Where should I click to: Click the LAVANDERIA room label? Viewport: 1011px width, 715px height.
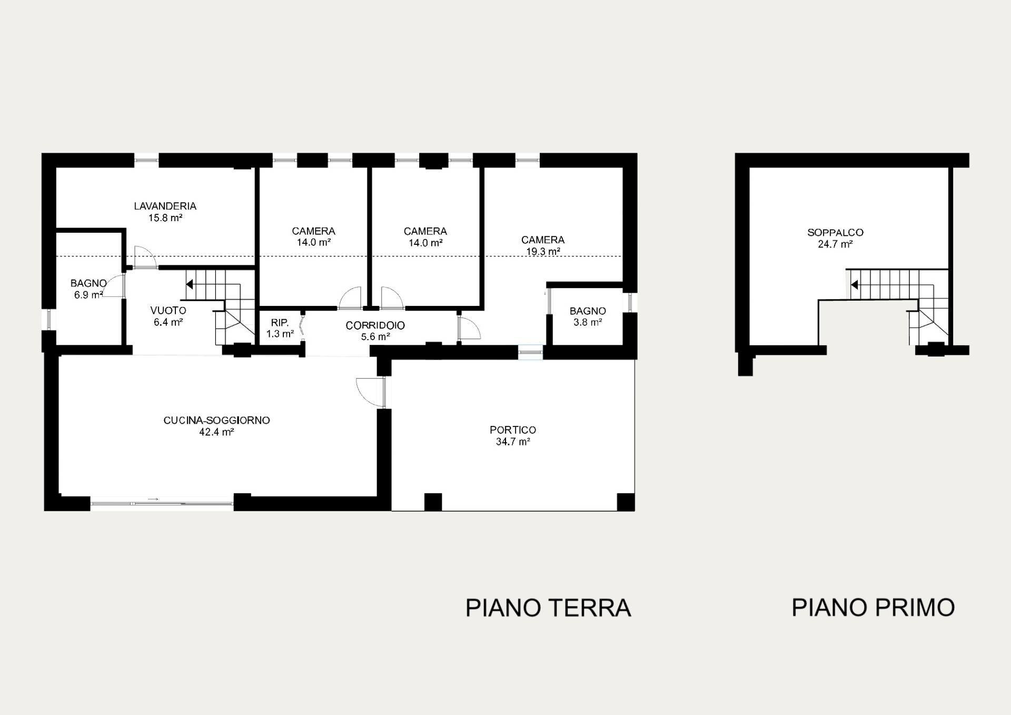[165, 206]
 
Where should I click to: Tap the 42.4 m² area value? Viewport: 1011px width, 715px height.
[216, 432]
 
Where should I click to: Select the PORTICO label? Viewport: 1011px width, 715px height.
[512, 430]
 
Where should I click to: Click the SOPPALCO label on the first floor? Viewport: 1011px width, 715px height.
[835, 232]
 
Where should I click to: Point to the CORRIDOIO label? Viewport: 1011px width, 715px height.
[375, 326]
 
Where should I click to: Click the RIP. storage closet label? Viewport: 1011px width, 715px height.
[280, 323]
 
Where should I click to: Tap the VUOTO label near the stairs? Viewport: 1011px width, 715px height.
[168, 311]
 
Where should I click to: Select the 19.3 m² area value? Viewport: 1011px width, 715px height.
[543, 252]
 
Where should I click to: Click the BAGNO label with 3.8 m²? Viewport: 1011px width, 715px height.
[588, 311]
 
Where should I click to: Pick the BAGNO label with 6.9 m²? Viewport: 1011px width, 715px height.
[88, 283]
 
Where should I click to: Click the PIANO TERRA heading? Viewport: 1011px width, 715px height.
[548, 608]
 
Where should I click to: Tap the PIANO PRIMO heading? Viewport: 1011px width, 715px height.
[873, 608]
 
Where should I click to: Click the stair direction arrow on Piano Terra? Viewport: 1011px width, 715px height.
[190, 284]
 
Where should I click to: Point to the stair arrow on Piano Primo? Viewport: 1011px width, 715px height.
[854, 285]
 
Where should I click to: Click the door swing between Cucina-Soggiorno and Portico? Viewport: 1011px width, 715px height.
[369, 391]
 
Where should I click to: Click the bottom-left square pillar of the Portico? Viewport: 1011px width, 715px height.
[433, 502]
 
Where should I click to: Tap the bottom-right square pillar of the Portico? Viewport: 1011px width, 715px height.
[626, 502]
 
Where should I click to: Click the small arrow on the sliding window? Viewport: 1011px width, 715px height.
[153, 499]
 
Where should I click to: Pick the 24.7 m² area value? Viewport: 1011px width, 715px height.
[835, 244]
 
